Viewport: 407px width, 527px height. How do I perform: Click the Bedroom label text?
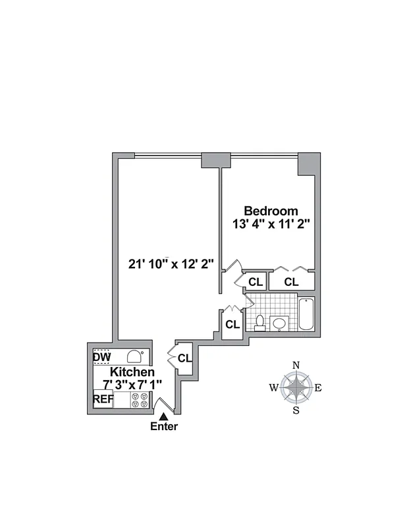271,211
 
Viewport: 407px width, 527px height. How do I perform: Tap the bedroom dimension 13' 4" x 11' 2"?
271,224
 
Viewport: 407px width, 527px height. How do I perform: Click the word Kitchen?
132,372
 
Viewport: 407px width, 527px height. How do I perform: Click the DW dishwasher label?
101,357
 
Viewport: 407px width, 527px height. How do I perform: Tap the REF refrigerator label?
102,399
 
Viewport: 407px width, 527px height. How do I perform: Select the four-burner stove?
139,400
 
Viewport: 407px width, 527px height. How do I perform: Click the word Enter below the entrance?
164,426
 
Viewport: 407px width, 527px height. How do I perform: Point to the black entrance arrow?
164,414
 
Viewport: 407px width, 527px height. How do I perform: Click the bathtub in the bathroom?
306,315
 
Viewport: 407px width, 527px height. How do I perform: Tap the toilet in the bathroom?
259,323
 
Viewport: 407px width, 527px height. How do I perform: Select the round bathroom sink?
279,323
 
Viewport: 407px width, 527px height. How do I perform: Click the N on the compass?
296,366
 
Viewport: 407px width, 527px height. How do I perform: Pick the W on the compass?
273,388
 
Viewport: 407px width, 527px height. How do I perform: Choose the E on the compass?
318,388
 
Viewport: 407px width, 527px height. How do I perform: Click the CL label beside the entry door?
184,358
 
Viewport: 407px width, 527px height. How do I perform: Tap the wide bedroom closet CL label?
292,281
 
